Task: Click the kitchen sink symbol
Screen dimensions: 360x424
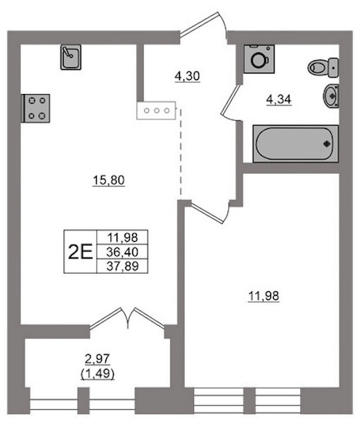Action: (71, 57)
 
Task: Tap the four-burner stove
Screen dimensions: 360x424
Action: (35, 108)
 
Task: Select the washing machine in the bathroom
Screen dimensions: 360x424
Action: (259, 59)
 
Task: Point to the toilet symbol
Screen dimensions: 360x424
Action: (323, 67)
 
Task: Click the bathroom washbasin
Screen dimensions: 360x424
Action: (331, 95)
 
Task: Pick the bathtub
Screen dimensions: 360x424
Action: (296, 143)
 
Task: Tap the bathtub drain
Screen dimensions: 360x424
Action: (327, 144)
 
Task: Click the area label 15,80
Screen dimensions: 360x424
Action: (109, 180)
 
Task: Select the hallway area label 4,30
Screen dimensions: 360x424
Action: (187, 76)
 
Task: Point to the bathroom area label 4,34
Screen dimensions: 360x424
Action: (279, 100)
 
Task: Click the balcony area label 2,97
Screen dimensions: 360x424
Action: (97, 359)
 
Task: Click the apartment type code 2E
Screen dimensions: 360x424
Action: (80, 252)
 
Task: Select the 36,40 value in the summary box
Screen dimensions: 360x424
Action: (122, 252)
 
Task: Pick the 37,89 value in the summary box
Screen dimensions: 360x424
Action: (122, 266)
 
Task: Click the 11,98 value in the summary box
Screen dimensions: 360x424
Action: (122, 237)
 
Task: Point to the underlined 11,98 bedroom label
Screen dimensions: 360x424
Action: (263, 296)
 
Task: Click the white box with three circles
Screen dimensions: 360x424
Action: (157, 111)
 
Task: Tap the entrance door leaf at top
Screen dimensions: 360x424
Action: (199, 24)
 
